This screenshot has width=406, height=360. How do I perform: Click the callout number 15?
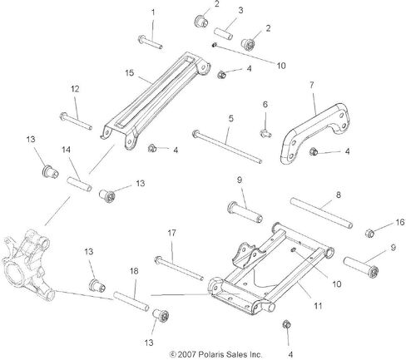(x=130, y=73)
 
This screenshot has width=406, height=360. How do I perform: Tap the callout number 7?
(x=312, y=85)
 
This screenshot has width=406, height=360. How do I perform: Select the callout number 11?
(x=318, y=306)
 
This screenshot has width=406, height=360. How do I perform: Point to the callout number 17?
(x=171, y=233)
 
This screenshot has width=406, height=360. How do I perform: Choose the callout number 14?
(x=66, y=150)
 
